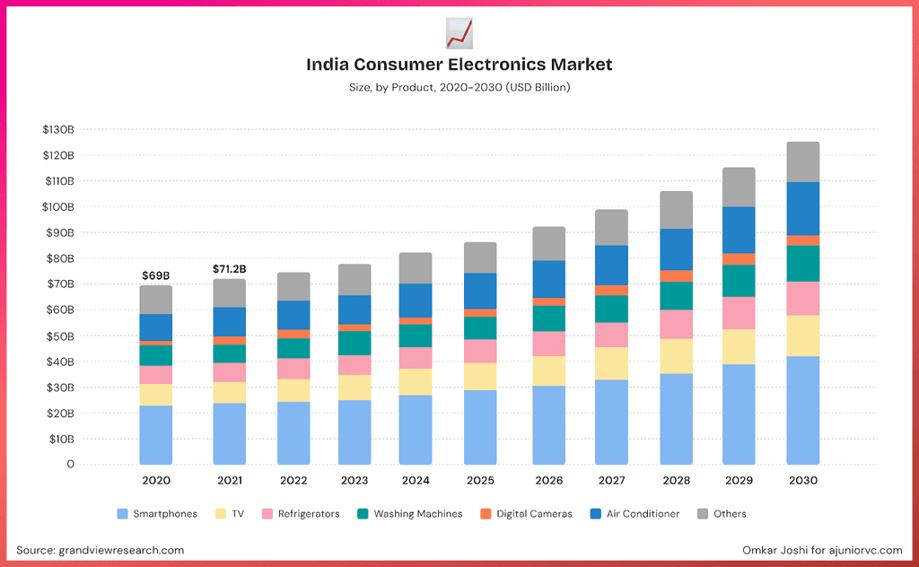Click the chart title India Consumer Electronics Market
point(459,65)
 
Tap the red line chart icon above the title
point(459,33)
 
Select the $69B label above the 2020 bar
point(155,275)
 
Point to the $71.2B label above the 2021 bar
point(229,268)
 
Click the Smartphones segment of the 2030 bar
point(803,410)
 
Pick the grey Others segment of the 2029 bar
point(739,187)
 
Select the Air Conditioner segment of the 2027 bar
point(611,265)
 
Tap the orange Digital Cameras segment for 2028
point(675,275)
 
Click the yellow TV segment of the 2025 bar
point(480,376)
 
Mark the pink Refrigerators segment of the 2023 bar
point(354,364)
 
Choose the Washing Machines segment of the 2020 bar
point(155,355)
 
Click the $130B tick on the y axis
point(58,129)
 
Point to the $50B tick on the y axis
point(58,336)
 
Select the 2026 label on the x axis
point(549,481)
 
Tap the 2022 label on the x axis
point(293,481)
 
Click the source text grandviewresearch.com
point(101,550)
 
